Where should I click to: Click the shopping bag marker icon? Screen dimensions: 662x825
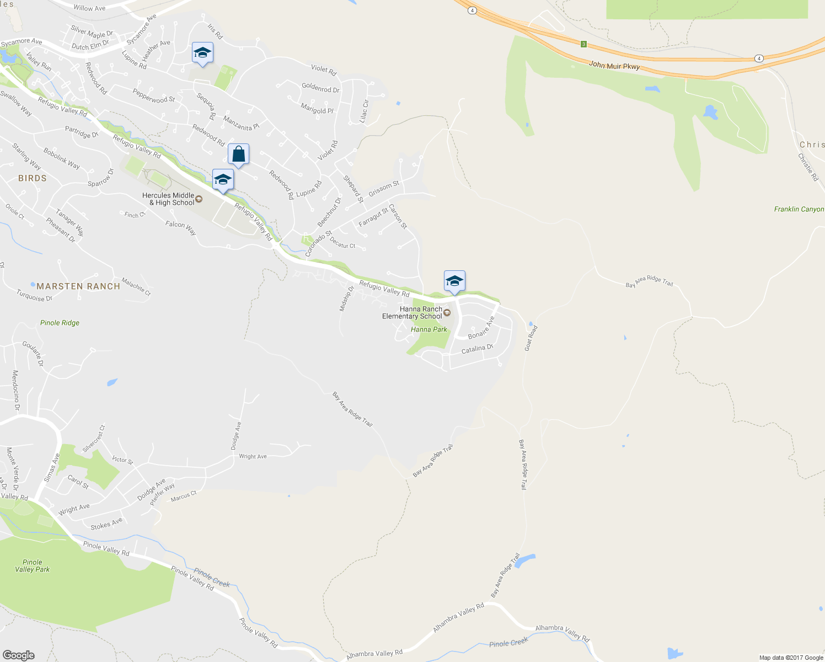238,154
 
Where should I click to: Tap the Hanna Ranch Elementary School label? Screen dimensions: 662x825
413,313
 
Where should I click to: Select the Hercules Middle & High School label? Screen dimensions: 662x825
168,199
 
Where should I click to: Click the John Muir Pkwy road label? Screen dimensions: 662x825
614,66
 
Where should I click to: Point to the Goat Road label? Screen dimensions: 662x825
531,338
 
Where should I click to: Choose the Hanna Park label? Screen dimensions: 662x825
429,329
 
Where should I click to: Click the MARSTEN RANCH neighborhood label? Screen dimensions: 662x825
78,286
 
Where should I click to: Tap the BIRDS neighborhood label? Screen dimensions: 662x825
33,178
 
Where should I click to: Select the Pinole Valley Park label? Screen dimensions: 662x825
33,566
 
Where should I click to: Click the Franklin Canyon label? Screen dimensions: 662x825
799,209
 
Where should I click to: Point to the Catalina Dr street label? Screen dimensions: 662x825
477,349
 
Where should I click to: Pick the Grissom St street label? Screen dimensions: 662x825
383,189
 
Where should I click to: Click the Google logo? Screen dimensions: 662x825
19,655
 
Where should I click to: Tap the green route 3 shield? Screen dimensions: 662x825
583,44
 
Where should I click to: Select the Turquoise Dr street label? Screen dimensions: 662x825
34,296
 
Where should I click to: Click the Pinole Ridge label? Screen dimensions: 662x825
60,323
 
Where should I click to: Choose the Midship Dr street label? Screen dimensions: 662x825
346,298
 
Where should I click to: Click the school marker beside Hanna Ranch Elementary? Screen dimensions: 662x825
454,281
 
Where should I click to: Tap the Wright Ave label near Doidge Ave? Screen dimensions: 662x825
253,456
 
